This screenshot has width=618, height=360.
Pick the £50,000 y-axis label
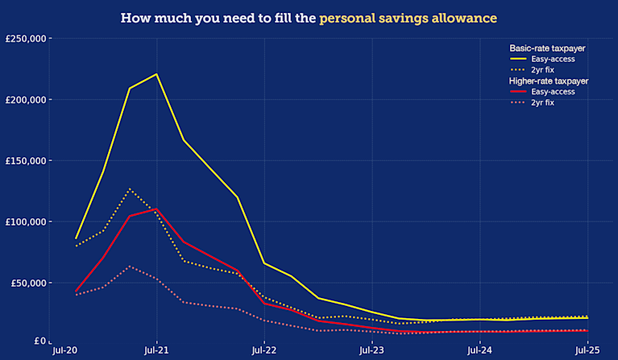[x=28, y=283]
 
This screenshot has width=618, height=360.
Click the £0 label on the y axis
[x=39, y=341]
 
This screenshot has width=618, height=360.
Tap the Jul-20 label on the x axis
[x=64, y=351]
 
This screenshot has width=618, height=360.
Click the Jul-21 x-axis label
[x=156, y=351]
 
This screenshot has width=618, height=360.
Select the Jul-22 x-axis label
[x=264, y=351]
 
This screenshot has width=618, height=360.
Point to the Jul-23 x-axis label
[x=371, y=351]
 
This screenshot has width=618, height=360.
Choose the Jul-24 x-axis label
[x=479, y=351]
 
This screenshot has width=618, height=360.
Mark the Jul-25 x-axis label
[x=587, y=351]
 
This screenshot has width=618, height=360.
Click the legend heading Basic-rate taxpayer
[x=547, y=48]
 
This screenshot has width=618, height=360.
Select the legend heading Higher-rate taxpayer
[x=549, y=81]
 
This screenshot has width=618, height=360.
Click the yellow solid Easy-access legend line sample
[x=518, y=60]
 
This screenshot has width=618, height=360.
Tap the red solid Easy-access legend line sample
[x=518, y=92]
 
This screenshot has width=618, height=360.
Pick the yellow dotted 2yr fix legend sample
[x=518, y=70]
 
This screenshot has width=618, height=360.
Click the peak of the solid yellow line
[x=156, y=74]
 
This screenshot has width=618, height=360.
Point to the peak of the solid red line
[x=156, y=209]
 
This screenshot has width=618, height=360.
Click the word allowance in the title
[x=462, y=17]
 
